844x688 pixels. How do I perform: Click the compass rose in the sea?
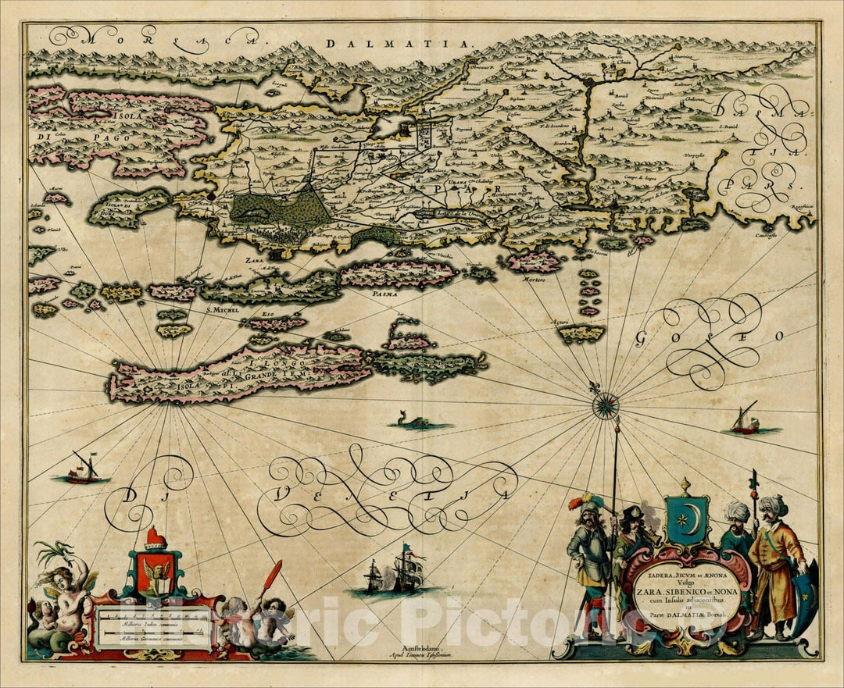tap(605, 405)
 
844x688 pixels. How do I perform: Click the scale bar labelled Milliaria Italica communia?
tap(148, 626)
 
